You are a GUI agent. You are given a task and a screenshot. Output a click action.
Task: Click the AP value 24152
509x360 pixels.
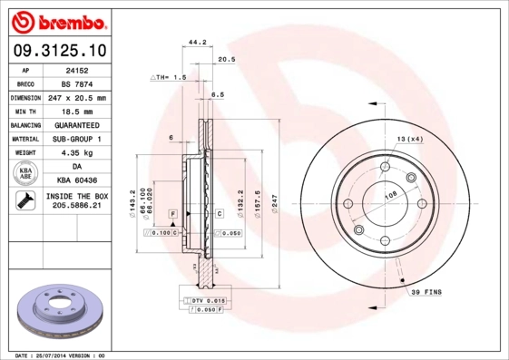click(77, 69)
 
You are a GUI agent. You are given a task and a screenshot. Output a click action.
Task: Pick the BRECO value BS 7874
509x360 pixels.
click(77, 83)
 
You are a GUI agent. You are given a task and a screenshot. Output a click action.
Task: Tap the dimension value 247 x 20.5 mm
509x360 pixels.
click(77, 97)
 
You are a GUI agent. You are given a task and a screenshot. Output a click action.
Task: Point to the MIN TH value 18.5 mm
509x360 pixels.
click(77, 111)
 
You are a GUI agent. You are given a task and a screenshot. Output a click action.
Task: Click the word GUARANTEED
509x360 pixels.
click(77, 124)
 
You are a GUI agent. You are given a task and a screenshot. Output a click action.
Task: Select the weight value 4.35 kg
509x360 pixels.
click(77, 152)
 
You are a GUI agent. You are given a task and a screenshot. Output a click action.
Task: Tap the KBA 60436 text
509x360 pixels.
click(77, 180)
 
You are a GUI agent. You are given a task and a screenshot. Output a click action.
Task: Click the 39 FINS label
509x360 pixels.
click(426, 292)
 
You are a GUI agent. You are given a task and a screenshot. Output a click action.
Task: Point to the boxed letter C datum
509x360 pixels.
click(220, 213)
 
